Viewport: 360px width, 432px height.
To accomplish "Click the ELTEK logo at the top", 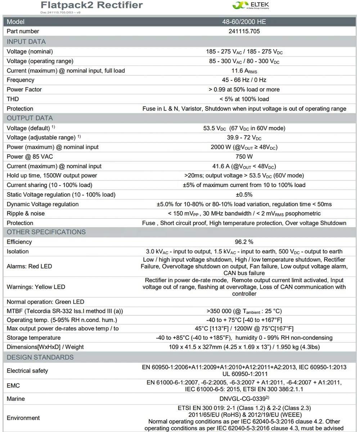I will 251,5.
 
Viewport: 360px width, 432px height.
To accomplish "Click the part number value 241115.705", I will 244,31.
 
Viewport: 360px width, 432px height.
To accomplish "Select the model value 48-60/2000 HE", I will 244,22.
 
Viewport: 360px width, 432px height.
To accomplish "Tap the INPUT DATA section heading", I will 26,41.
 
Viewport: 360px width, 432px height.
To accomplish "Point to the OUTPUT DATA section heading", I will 30,118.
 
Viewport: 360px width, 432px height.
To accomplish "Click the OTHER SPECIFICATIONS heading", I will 46,232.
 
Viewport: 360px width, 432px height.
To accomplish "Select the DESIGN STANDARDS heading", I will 40,357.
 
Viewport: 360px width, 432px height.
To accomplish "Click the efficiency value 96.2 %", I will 244,242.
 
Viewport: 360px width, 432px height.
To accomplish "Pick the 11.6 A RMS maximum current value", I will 244,71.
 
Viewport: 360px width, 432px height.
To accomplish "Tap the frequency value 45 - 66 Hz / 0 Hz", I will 244,80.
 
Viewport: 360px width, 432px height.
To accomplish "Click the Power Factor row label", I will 24,89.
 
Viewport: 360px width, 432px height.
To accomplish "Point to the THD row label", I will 13,99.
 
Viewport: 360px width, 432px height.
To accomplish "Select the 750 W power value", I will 244,157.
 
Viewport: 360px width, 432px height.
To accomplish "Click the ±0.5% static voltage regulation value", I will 244,195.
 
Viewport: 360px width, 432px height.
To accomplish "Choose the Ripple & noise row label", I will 26,213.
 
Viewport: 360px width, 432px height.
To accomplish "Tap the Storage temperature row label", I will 33,338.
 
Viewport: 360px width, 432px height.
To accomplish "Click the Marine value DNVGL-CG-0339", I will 244,399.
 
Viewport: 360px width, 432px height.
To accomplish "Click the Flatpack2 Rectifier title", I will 91,5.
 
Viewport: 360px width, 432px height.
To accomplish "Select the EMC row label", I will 13,386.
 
